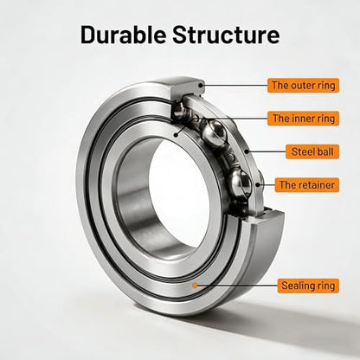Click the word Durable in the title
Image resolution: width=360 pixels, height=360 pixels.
(123, 35)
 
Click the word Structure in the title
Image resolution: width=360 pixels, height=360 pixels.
(226, 35)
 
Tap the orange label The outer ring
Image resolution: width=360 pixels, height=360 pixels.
(303, 86)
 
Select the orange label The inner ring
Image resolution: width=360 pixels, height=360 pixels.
(303, 119)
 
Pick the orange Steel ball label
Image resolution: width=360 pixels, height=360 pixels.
(312, 151)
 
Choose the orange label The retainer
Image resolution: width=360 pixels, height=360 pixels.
(307, 185)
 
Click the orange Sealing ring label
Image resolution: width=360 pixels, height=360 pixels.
(308, 286)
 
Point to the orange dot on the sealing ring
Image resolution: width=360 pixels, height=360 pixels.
(195, 286)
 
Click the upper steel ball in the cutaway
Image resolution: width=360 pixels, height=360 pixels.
(214, 132)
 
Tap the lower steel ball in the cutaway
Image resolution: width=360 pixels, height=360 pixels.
(240, 183)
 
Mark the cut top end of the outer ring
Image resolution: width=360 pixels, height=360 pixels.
(188, 86)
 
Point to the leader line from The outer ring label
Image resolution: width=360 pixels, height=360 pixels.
(235, 86)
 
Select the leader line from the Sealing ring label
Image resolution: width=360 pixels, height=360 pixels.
(236, 286)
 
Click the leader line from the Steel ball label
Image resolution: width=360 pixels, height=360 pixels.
(266, 151)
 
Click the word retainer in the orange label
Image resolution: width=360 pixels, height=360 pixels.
(317, 185)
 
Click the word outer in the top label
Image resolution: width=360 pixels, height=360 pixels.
(301, 86)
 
